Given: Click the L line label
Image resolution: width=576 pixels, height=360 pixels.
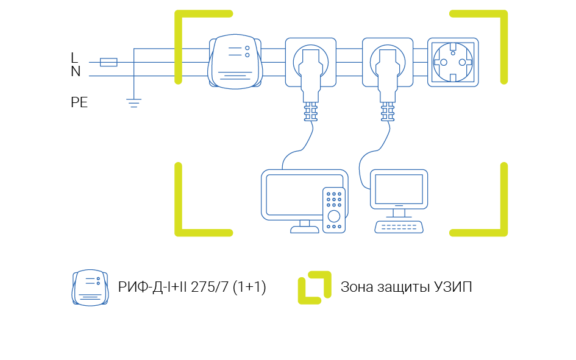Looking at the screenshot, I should point(74,58).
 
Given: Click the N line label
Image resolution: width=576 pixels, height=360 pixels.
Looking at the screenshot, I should point(76,72).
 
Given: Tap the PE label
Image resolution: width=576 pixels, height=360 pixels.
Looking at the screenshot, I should point(79,102).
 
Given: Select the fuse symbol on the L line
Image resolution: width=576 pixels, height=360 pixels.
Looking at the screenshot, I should point(108,62).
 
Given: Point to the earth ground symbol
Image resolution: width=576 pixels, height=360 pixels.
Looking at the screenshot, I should point(133,102).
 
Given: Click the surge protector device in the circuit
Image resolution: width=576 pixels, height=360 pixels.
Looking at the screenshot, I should point(238,64).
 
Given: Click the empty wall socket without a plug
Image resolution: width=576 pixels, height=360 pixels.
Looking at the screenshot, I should point(453,63).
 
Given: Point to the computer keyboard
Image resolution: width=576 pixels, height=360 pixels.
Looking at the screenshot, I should point(399,227).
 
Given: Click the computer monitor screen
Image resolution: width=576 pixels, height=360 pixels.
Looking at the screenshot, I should point(399,189).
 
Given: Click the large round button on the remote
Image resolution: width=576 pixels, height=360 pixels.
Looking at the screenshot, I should point(333,216).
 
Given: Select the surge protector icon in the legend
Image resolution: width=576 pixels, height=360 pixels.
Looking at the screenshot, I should point(90,288).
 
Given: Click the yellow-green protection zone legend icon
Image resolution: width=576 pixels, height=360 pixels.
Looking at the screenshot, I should point(314,288).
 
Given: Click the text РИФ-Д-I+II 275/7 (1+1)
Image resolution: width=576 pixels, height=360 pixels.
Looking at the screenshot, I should point(192,288).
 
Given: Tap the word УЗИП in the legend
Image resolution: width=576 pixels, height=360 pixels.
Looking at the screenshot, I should point(451,288).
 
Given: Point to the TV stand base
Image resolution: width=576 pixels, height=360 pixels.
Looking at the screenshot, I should point(305,229).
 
